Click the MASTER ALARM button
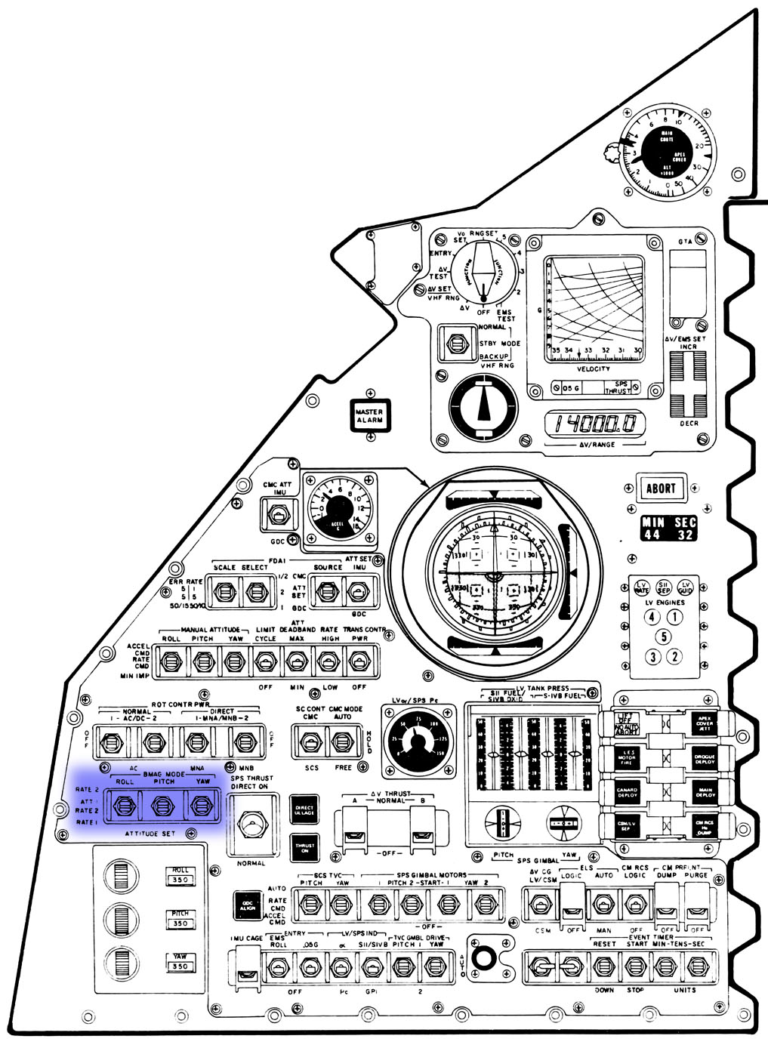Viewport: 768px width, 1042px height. tap(370, 415)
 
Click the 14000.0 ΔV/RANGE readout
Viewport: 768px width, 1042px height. tap(596, 425)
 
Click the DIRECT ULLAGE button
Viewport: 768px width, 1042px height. tap(304, 809)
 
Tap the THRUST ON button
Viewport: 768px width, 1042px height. tap(304, 847)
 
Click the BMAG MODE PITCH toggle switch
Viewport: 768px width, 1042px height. tap(161, 807)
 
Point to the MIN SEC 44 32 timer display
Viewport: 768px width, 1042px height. tap(669, 529)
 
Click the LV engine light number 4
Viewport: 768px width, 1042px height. tap(652, 616)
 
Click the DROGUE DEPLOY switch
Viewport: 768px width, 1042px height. tap(704, 758)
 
